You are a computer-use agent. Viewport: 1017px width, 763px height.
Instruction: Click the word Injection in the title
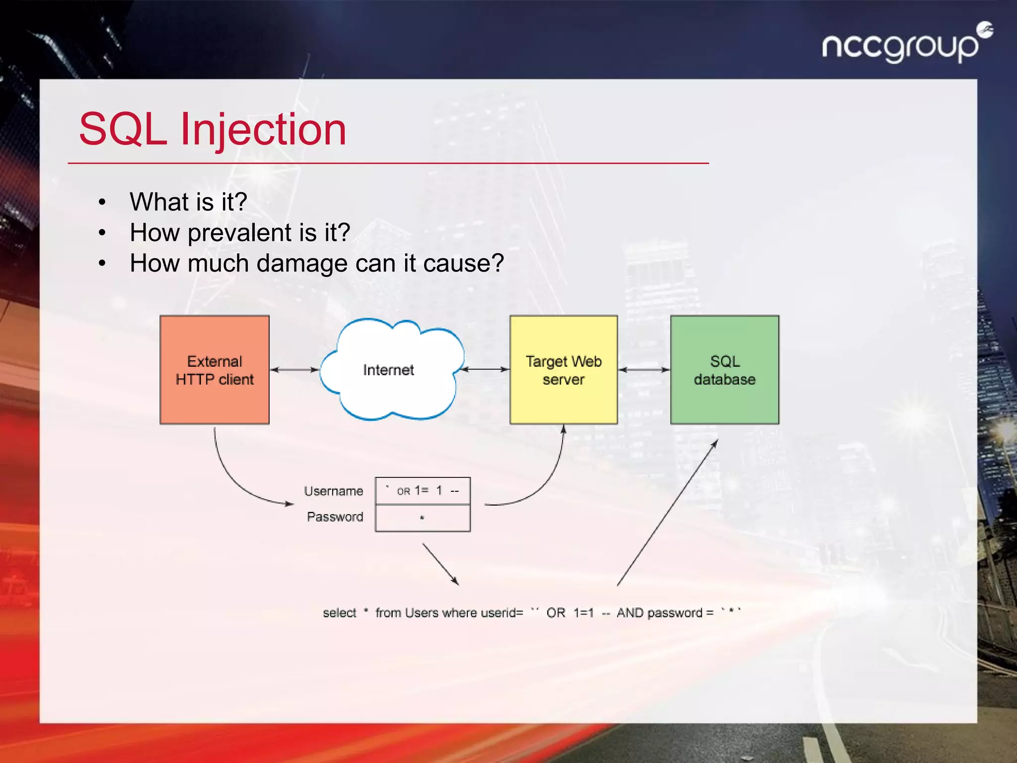[263, 130]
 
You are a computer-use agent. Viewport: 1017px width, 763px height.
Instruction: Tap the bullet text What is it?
[188, 202]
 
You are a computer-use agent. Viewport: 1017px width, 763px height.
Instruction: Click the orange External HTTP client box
[215, 370]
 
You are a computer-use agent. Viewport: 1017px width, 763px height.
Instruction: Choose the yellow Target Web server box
[564, 370]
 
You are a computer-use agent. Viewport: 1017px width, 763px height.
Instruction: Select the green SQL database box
[725, 370]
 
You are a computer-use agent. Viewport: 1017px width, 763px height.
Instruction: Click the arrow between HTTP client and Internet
[295, 370]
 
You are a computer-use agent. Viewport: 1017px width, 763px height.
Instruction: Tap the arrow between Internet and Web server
[485, 370]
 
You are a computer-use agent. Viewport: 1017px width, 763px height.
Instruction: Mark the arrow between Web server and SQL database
[644, 370]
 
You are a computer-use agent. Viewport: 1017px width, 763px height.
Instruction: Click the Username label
[333, 491]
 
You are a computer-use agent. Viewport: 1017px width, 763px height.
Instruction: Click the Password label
[335, 517]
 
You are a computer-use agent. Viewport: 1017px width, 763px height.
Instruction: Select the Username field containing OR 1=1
[423, 491]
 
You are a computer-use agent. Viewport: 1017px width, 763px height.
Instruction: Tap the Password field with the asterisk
[423, 518]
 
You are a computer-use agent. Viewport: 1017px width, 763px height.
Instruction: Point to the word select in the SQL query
[339, 613]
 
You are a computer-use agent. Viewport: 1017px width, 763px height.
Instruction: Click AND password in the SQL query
[659, 613]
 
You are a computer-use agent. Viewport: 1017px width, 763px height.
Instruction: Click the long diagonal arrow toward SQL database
[667, 513]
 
